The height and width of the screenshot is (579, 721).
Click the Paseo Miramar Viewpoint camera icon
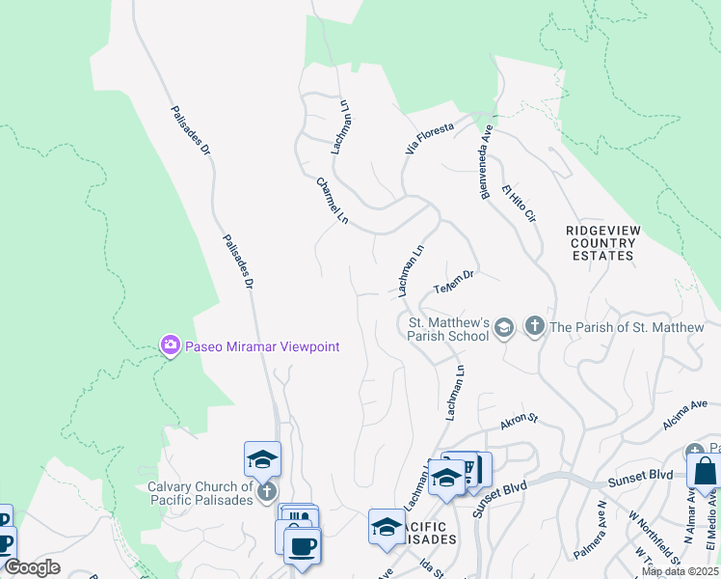[171, 345]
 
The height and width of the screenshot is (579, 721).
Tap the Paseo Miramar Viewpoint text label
[262, 346]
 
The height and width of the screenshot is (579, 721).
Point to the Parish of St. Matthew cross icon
[535, 327]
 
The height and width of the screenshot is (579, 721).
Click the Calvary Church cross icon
[266, 491]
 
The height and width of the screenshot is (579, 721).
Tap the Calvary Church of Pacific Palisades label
[200, 492]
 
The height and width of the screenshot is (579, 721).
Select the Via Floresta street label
[430, 140]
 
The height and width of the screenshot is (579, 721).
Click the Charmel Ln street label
[333, 201]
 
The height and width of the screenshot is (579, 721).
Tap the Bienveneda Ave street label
[488, 162]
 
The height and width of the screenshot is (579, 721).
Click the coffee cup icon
[302, 545]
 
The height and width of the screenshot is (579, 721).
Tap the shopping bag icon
[706, 473]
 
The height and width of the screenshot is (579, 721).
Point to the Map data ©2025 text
[680, 571]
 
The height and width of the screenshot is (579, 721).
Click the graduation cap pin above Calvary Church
[262, 459]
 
